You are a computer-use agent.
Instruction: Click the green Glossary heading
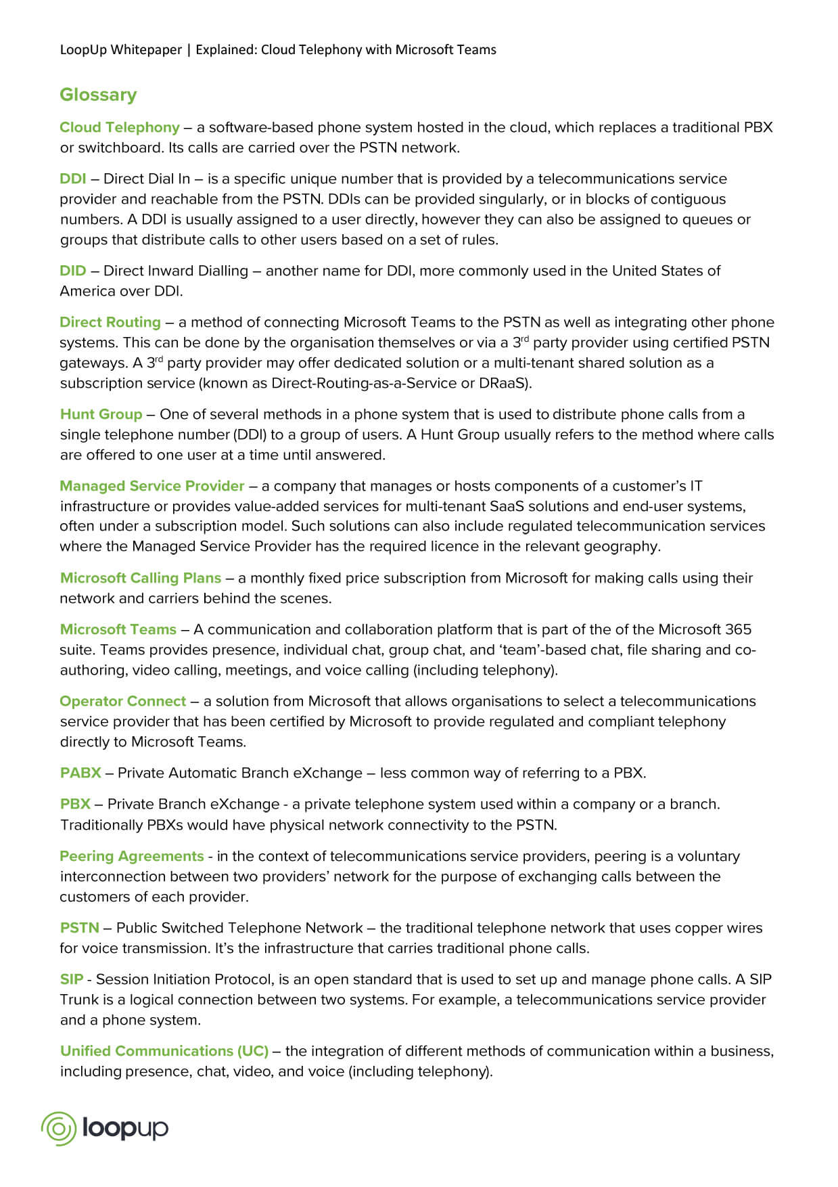tap(98, 95)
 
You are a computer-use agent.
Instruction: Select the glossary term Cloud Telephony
tap(120, 127)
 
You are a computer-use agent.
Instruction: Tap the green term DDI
tap(73, 179)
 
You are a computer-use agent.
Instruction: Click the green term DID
tap(73, 271)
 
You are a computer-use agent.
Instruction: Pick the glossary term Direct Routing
tap(110, 322)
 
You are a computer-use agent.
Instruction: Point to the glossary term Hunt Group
tap(101, 414)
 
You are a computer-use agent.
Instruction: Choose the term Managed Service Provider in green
tap(152, 486)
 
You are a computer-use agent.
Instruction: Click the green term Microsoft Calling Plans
tap(141, 578)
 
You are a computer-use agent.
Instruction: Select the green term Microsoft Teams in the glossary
tap(118, 629)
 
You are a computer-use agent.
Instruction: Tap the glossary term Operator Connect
tap(123, 701)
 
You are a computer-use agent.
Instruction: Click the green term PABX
tap(80, 773)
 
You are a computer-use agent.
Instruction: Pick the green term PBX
tap(75, 804)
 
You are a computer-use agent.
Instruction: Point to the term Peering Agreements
tap(132, 856)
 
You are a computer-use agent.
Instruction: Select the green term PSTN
tap(80, 928)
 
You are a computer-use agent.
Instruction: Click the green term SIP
tap(72, 979)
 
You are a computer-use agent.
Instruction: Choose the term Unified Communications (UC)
tap(164, 1051)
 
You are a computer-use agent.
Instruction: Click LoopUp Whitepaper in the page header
tap(121, 49)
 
